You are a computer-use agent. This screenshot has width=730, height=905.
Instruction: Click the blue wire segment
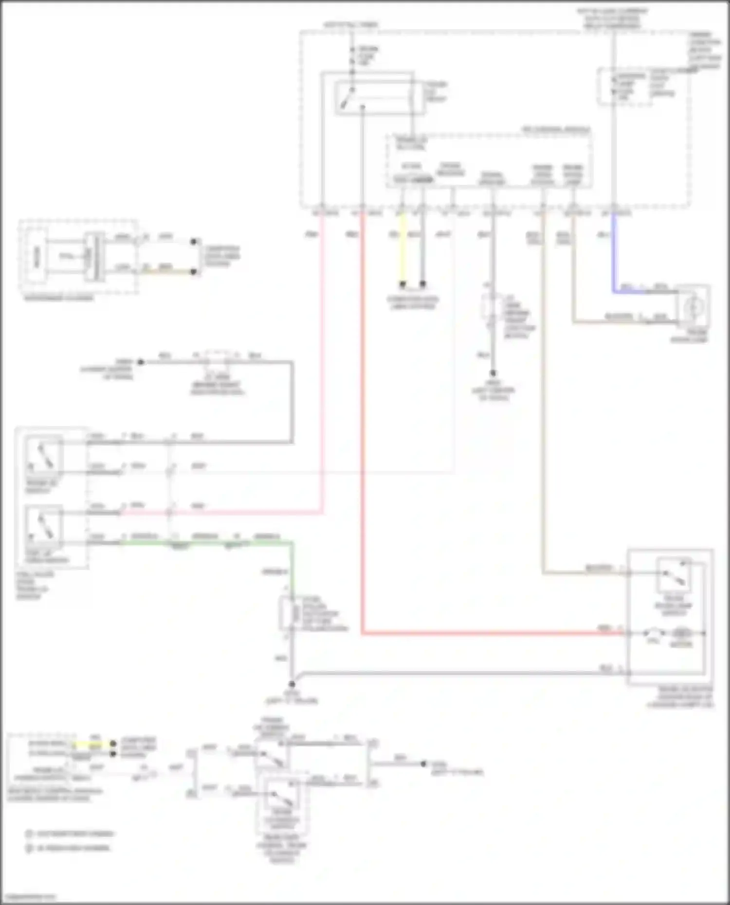614,253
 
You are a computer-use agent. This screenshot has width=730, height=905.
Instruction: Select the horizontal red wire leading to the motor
487,633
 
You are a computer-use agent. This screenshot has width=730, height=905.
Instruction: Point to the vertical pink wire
322,365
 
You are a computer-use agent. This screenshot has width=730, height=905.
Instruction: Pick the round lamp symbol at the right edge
693,307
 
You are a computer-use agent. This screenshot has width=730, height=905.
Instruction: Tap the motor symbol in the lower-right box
681,633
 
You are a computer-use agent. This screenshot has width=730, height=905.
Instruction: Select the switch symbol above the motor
674,574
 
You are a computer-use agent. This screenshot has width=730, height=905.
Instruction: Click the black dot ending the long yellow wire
402,284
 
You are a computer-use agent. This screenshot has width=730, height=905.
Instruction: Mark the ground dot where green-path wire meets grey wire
292,683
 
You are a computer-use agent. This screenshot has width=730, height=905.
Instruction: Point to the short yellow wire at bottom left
92,744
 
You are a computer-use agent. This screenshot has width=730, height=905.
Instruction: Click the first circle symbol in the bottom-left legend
29,834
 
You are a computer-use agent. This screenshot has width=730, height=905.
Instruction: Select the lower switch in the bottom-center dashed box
281,798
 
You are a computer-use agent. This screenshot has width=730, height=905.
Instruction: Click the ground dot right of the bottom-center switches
423,763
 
